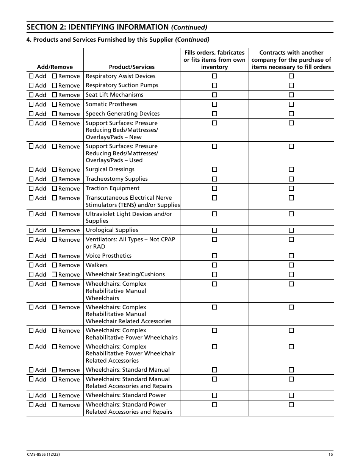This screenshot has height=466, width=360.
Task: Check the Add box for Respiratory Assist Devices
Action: [x=31, y=76]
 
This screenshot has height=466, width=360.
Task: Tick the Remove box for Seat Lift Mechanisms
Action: [x=54, y=95]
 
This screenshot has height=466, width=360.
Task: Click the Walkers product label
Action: [x=97, y=265]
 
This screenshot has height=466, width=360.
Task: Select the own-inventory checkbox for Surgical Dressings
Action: [x=214, y=169]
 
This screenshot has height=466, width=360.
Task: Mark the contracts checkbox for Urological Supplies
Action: [x=291, y=230]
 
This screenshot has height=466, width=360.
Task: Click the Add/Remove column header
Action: [x=55, y=67]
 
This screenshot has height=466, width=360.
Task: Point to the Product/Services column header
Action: [x=131, y=67]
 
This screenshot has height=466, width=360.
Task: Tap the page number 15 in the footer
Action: [x=330, y=455]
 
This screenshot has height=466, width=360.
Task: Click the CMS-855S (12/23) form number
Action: [x=43, y=455]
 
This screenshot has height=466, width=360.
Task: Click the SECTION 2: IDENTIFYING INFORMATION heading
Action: [x=97, y=27]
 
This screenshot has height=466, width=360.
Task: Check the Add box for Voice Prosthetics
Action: [x=31, y=256]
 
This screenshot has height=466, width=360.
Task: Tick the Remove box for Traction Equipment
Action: [x=54, y=188]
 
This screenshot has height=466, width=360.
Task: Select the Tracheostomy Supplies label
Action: [x=117, y=179]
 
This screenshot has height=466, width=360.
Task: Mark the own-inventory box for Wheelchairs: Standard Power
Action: [x=214, y=395]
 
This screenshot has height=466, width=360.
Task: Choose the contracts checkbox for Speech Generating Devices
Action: [x=291, y=114]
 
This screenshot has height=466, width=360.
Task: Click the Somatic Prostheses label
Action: [x=111, y=104]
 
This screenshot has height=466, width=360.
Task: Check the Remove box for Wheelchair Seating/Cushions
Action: [x=54, y=274]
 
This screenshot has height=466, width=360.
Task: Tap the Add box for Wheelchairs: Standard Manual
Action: [x=31, y=370]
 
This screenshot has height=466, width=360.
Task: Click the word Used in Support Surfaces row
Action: [x=136, y=160]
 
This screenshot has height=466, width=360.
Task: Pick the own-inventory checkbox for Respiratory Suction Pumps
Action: [x=214, y=85]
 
